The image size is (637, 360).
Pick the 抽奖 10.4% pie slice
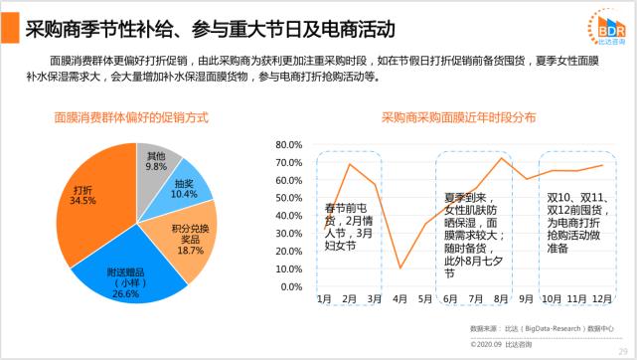[183, 188]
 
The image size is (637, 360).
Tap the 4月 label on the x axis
[400, 298]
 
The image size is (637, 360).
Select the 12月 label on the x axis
[602, 298]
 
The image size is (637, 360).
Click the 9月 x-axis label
[527, 298]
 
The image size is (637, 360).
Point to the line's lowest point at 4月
[400, 268]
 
